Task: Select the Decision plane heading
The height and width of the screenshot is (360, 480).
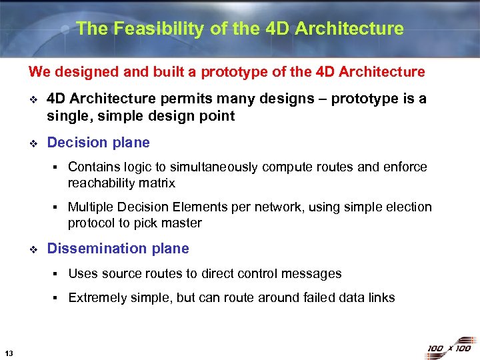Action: point(98,142)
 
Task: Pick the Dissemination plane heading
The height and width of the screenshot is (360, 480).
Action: point(118,248)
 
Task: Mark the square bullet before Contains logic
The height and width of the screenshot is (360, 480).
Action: point(58,167)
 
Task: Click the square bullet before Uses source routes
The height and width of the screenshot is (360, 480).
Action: point(58,274)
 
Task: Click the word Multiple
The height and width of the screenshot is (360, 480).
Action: point(90,207)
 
